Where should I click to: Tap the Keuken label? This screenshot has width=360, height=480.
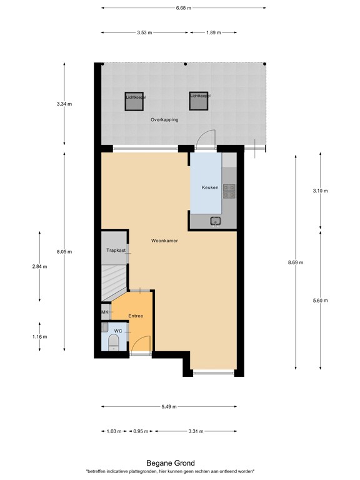pos(209,187)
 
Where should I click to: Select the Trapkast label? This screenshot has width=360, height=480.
pos(116,251)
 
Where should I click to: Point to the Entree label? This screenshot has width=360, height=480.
pos(136,316)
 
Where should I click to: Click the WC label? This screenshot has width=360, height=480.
pos(117,330)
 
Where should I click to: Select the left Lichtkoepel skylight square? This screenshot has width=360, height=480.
pos(136,101)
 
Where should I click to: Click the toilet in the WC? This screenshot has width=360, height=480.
pos(114,342)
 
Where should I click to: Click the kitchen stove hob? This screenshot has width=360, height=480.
pos(229,191)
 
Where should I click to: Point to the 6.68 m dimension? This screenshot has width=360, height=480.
pos(183,8)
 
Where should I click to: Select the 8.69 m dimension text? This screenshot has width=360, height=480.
pos(295,262)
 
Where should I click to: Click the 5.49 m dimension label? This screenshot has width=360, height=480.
pos(169,407)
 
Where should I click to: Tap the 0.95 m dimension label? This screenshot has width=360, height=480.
pos(141,431)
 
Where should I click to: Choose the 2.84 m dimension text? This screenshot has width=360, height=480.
pos(39,266)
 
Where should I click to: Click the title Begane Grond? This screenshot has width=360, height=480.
pos(170,463)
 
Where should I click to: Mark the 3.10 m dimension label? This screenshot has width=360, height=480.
pos(320,191)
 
